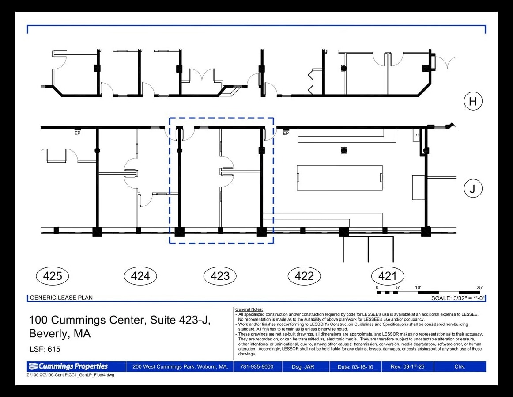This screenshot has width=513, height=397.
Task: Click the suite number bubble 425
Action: click(53, 276)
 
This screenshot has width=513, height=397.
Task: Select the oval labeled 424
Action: click(140, 276)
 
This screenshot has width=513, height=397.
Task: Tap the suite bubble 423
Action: click(220, 276)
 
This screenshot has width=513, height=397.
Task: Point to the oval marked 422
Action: click(304, 276)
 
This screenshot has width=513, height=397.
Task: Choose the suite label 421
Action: click(388, 276)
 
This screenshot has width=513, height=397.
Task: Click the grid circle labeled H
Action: click(473, 101)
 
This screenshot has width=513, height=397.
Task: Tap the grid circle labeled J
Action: click(473, 189)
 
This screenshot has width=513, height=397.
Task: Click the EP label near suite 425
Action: click(78, 133)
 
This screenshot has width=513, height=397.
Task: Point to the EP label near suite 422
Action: click(286, 134)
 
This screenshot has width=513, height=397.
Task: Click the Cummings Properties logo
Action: click(68, 366)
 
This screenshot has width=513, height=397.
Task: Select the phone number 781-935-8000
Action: click(256, 366)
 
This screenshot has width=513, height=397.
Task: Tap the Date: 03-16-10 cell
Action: click(355, 367)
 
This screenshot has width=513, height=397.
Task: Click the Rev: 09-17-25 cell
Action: click(407, 366)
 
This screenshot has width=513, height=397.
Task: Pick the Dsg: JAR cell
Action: click(303, 367)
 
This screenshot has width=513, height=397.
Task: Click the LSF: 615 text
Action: click(45, 349)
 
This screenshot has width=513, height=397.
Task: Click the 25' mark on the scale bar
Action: click(479, 288)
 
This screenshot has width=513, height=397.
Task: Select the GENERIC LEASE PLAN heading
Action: click(61, 298)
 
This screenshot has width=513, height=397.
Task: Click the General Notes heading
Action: click(249, 309)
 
